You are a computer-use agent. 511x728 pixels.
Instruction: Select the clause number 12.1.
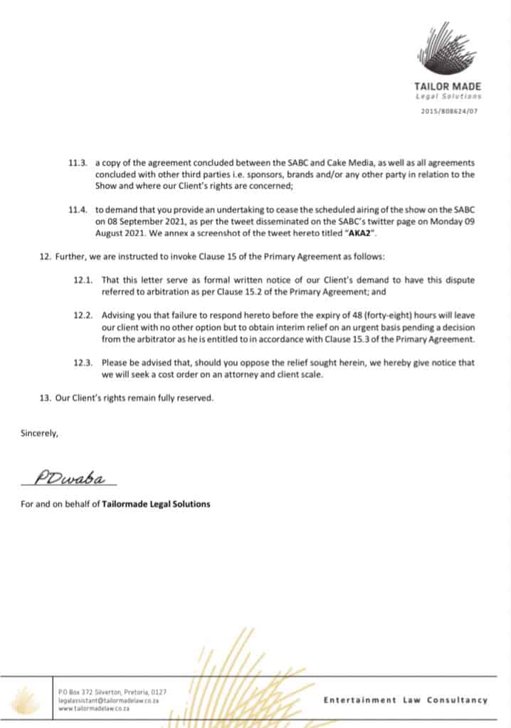point(83,280)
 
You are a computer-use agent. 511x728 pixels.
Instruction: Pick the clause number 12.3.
point(83,363)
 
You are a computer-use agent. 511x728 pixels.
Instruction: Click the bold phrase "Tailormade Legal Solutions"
point(156,505)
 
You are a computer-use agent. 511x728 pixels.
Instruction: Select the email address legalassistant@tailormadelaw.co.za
point(107,700)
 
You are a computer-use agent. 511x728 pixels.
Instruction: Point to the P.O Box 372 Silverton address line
point(112,692)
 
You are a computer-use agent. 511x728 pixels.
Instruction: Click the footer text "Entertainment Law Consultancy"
point(406,700)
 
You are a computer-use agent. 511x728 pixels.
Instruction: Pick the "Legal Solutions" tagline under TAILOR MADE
point(448,97)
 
